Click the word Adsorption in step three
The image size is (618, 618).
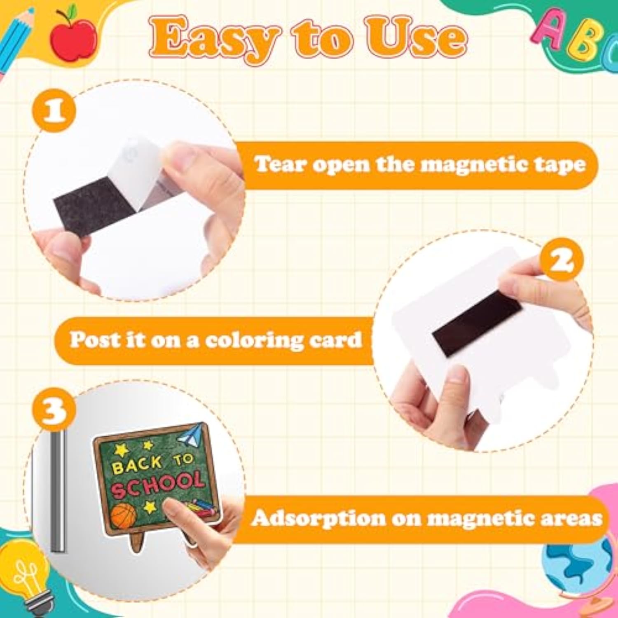coord(318,517)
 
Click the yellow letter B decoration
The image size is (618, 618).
coord(585,44)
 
